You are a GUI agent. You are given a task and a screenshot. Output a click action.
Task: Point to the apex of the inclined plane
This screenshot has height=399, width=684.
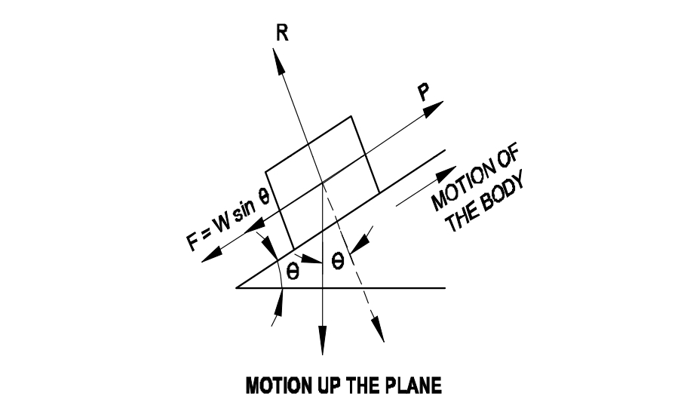click(237, 287)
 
